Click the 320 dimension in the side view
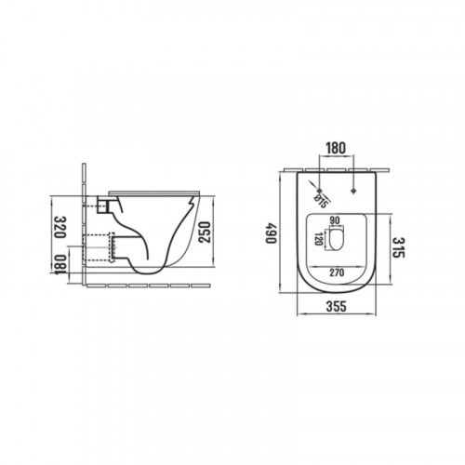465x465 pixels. (x=60, y=227)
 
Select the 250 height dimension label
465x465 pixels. (x=205, y=232)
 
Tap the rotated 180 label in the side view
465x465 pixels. (x=60, y=264)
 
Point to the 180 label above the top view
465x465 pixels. (x=336, y=148)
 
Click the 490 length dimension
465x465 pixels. (x=271, y=232)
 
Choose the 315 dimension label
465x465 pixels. (x=399, y=247)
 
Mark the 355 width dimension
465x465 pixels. (x=336, y=306)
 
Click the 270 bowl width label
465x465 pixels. (x=337, y=272)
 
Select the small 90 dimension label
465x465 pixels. (x=335, y=220)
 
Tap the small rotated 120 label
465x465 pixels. (x=318, y=239)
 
